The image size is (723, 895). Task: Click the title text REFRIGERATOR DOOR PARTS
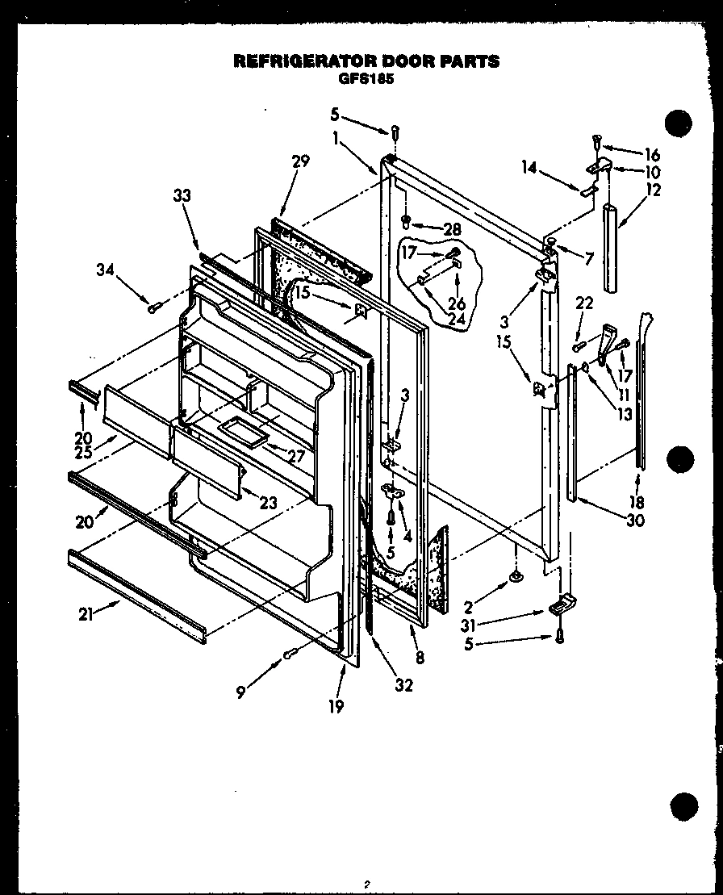point(366,61)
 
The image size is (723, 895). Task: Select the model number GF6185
point(366,79)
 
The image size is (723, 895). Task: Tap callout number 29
point(300,162)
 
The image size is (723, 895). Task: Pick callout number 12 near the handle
point(654,190)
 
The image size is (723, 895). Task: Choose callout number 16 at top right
point(652,155)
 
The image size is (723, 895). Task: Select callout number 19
point(336,706)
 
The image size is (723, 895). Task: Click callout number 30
point(635,521)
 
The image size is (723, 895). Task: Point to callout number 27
point(296,456)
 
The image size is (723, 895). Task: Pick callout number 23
point(269,501)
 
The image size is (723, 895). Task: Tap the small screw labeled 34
point(153,307)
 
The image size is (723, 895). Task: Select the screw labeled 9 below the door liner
point(290,655)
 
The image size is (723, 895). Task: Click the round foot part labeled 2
point(514,575)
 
